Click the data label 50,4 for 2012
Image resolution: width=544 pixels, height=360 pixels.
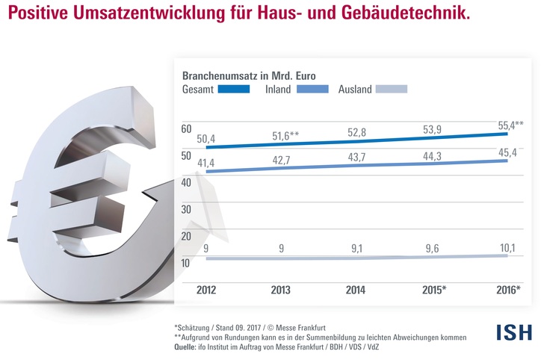[206, 139]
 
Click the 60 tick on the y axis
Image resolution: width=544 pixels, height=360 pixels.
[187, 129]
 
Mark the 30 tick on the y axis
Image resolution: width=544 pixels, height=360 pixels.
[187, 209]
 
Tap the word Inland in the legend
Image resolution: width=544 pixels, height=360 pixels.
[278, 90]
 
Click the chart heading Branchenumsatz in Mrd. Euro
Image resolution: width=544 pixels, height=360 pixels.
[249, 75]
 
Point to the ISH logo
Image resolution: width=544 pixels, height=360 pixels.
[514, 332]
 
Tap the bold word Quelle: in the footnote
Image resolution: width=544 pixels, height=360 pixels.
[188, 347]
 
